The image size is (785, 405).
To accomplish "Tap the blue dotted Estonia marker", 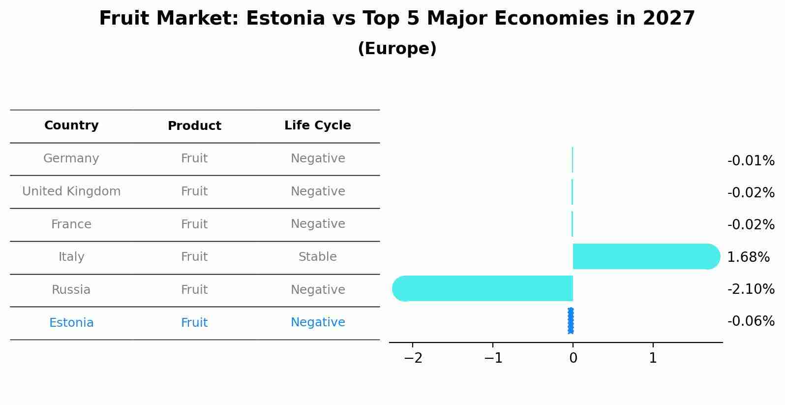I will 571,321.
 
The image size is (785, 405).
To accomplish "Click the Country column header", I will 71,125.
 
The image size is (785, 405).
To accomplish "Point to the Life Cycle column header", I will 317,125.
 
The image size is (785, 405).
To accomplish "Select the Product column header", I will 194,126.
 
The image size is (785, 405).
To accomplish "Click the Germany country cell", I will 71,158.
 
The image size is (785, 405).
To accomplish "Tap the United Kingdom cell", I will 71,191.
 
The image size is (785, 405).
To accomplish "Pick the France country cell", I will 71,224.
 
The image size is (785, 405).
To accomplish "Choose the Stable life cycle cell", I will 317,257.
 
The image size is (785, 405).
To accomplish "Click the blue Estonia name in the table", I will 71,323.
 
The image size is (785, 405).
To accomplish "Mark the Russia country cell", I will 71,290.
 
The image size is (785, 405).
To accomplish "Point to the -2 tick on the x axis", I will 413,358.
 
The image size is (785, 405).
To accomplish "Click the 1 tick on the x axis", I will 653,358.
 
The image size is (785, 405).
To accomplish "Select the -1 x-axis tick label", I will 493,358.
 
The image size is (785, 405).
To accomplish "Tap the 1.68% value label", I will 748,257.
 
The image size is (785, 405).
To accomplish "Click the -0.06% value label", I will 751,321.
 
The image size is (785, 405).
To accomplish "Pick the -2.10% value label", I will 751,289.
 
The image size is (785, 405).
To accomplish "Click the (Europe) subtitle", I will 397,49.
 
